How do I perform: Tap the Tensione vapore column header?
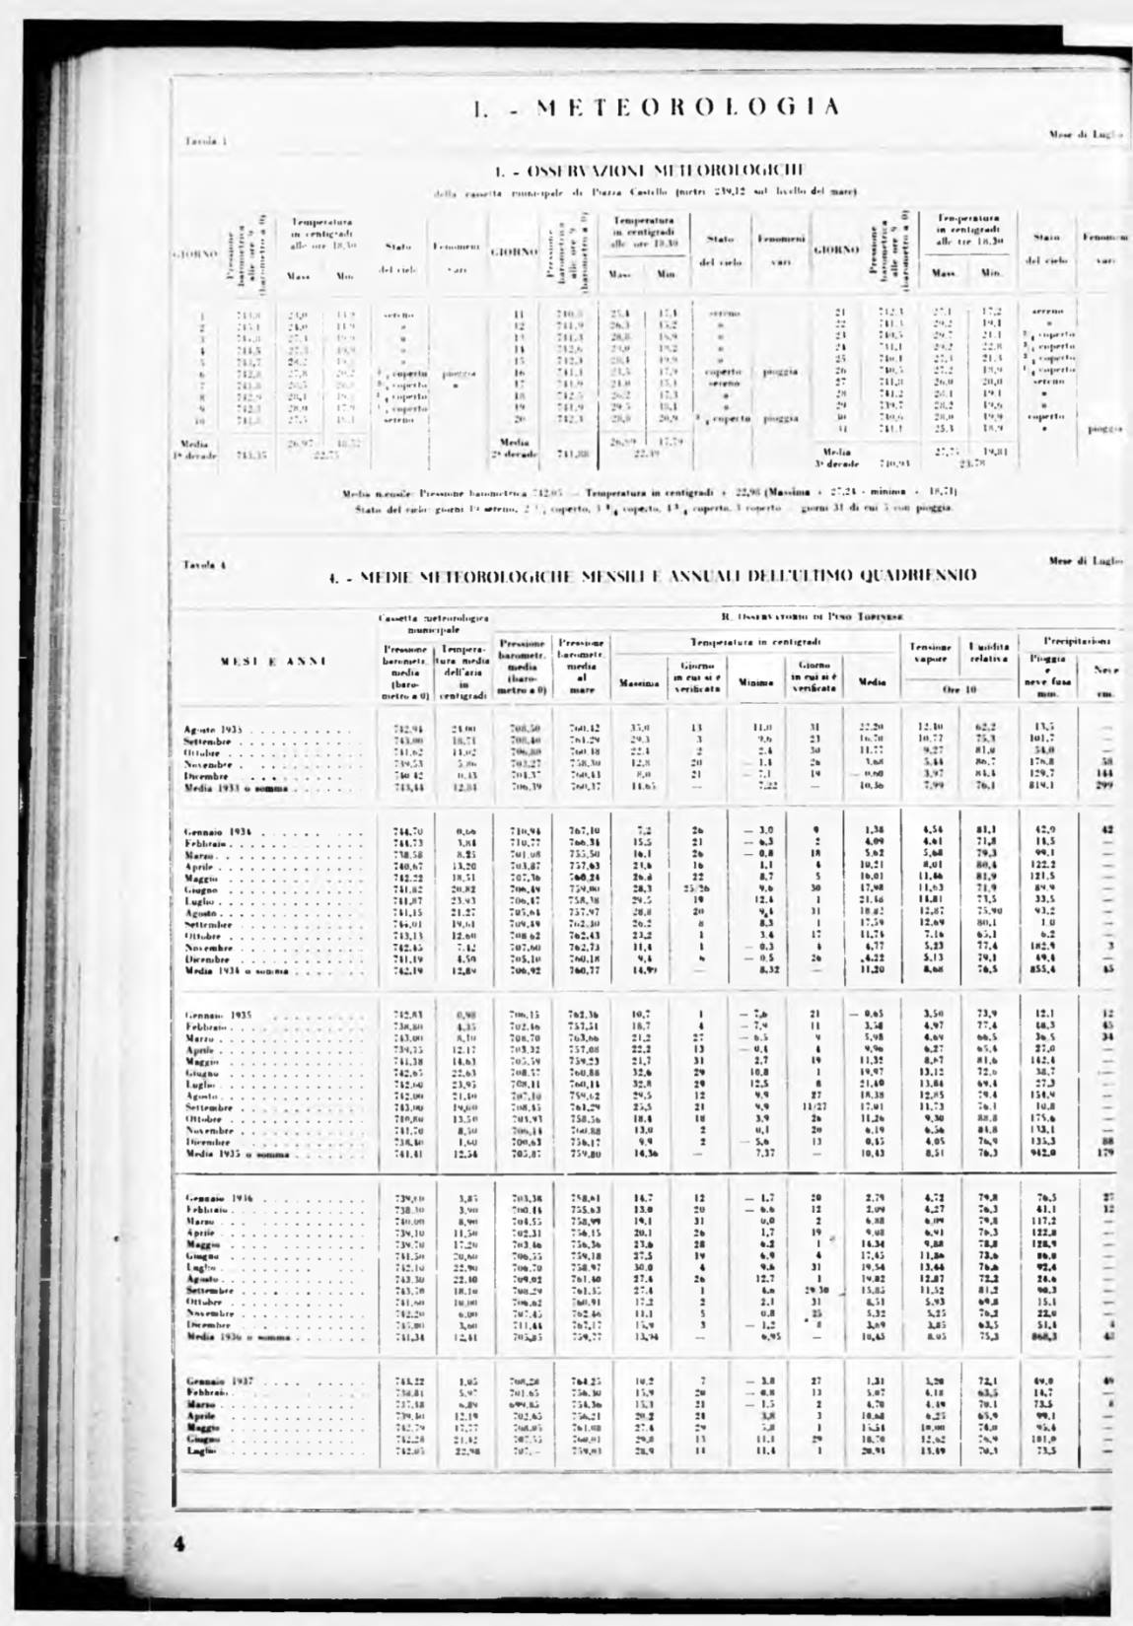(930, 652)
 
